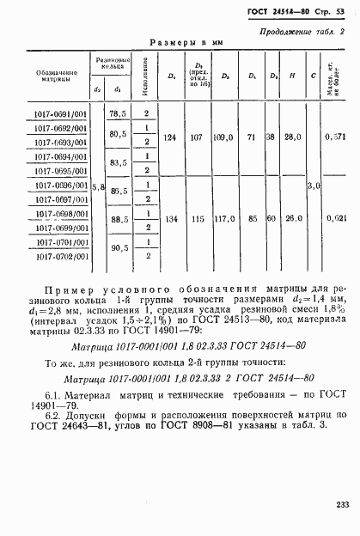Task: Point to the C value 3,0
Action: point(314,185)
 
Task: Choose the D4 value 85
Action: point(253,218)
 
